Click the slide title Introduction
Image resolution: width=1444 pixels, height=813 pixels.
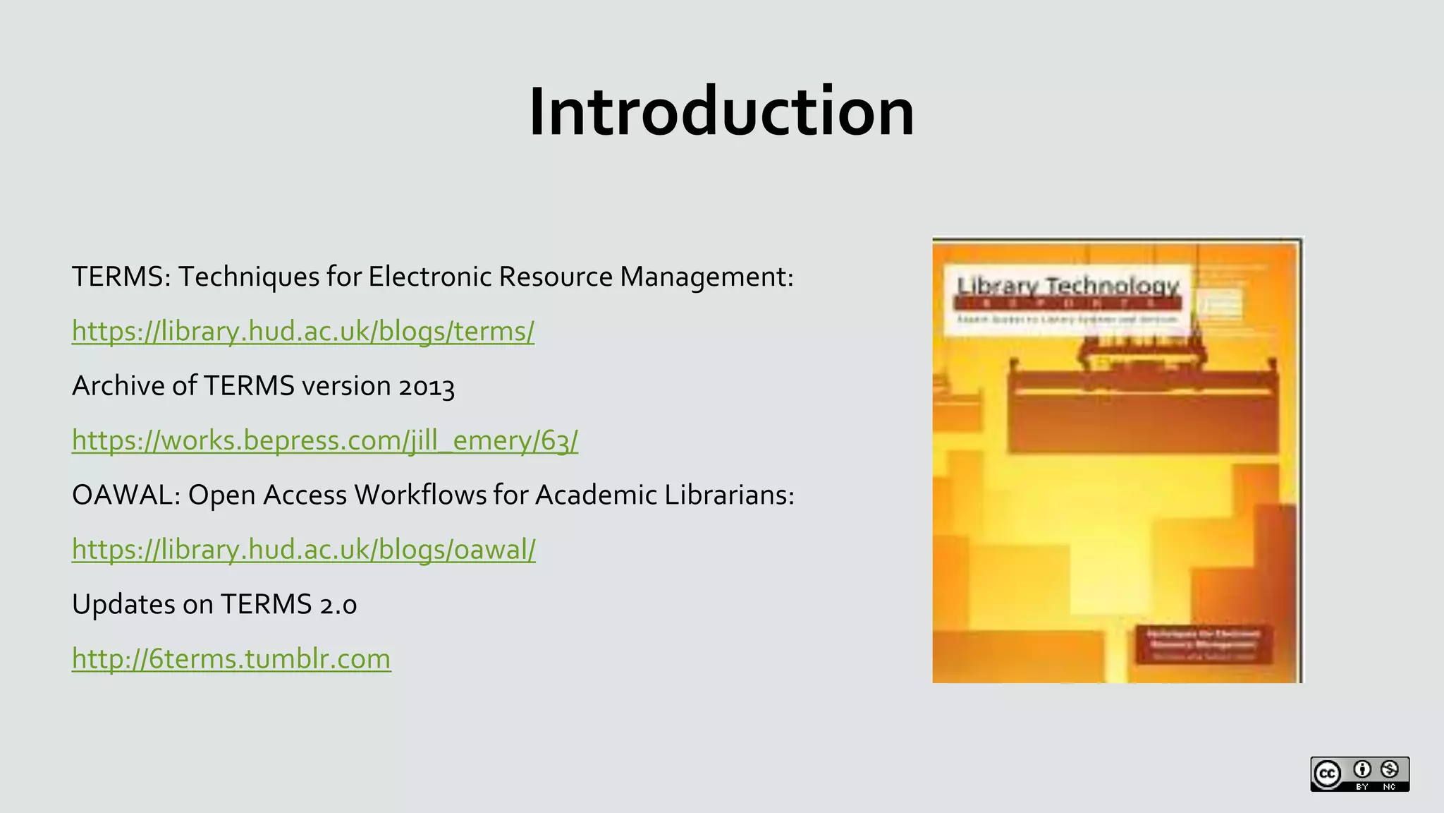point(721,112)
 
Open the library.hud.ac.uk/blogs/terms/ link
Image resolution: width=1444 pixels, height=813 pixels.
point(303,331)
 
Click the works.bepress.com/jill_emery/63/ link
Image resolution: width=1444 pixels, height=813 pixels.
point(325,440)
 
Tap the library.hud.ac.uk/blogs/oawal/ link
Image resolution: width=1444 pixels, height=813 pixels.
point(304,549)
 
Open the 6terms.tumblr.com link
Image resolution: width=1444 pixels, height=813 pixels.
point(231,658)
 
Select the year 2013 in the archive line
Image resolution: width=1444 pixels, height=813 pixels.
point(427,387)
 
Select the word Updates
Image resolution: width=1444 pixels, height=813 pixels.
point(123,605)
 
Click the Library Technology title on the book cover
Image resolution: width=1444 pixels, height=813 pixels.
point(1067,287)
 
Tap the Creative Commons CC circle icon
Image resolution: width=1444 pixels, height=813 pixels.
point(1328,774)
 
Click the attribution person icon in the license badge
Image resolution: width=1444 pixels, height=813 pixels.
point(1362,769)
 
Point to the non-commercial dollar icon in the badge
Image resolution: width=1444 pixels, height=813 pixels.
point(1390,769)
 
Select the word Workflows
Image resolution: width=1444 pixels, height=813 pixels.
point(420,495)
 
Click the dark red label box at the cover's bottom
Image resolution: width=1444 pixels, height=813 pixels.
point(1204,644)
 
